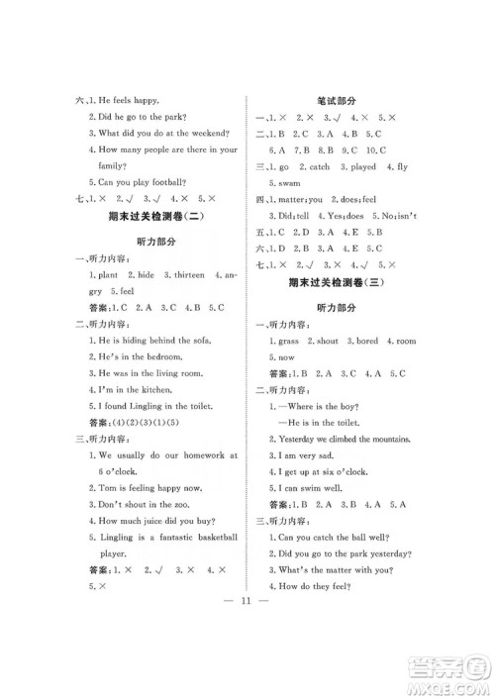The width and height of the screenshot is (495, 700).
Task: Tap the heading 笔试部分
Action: click(x=338, y=100)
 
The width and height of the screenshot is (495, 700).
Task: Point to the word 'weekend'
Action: click(x=209, y=132)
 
